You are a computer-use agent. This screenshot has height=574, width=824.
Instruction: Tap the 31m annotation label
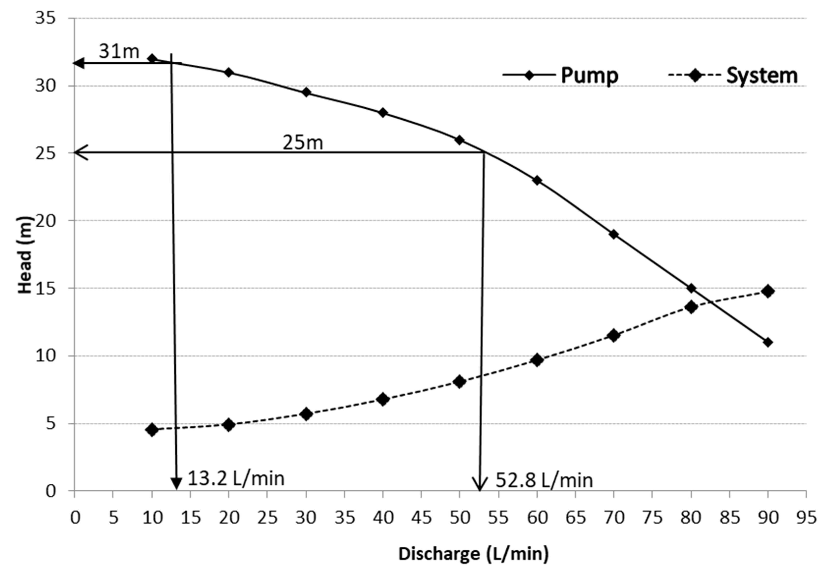coord(119,51)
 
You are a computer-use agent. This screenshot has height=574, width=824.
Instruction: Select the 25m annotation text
coord(303,143)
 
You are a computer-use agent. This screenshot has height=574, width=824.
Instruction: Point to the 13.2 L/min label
coord(236,479)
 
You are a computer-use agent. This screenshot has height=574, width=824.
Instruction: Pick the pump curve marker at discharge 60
coord(537,180)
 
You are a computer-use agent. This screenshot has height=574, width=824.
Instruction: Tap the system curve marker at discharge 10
coord(152,430)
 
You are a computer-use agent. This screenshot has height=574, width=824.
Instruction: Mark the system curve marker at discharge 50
coord(459,381)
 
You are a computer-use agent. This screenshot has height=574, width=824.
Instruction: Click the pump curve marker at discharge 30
coord(306,92)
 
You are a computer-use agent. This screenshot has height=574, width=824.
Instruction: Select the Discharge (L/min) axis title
coord(473,554)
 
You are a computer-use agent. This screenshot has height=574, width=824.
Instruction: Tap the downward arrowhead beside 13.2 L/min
coord(176,484)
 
